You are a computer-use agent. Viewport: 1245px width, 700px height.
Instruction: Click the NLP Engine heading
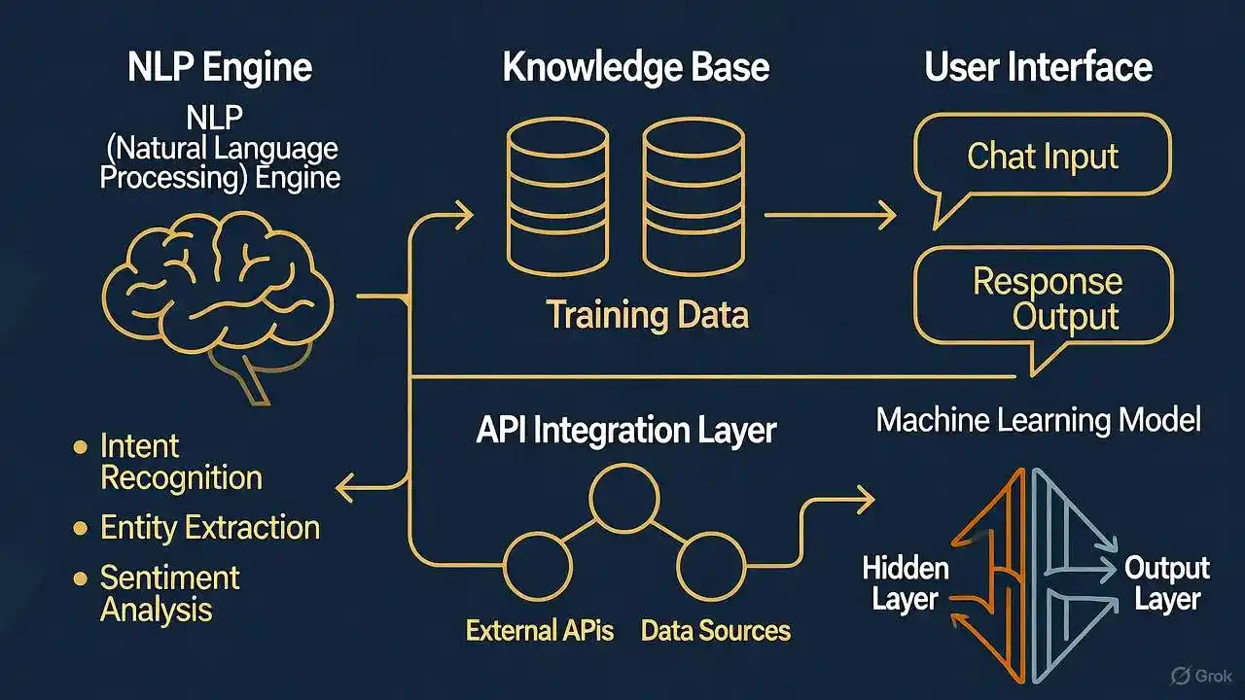coord(220,69)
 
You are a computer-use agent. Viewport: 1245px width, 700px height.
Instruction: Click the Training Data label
coord(647,315)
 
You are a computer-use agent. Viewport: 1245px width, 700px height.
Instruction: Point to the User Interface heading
coord(1038,68)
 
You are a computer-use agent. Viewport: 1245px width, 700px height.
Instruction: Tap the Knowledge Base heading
coord(635,68)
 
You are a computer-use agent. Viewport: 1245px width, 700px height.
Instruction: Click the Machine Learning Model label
coord(1038,420)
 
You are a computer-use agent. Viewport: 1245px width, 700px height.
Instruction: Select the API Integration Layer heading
coord(625,431)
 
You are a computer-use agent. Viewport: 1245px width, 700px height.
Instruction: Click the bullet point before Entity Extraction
coord(81,529)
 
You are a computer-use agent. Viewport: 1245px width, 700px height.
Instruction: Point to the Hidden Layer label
coord(905,583)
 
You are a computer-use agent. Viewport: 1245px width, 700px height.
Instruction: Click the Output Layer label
coord(1166,583)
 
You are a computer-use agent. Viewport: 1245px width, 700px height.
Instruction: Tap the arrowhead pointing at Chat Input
coord(885,216)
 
